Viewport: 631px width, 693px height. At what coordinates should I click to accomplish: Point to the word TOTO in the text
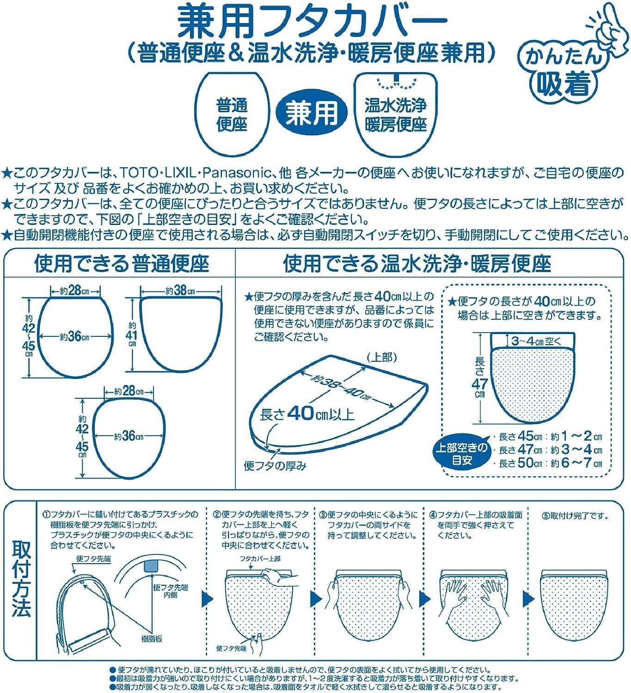[137, 174]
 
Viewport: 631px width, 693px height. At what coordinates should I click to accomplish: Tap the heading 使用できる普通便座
[121, 264]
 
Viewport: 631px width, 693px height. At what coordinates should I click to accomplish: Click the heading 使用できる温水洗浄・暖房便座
[417, 264]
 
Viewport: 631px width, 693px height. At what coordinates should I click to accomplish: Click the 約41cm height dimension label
[132, 334]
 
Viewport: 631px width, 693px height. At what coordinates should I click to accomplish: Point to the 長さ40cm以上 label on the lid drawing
[307, 413]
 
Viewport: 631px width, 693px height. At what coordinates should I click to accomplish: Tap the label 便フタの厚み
[275, 466]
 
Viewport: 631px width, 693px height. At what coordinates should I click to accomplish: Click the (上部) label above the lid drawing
[381, 358]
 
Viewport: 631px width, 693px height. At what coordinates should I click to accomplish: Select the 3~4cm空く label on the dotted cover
[536, 341]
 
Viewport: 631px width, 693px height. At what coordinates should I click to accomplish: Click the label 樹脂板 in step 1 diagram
[152, 639]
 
